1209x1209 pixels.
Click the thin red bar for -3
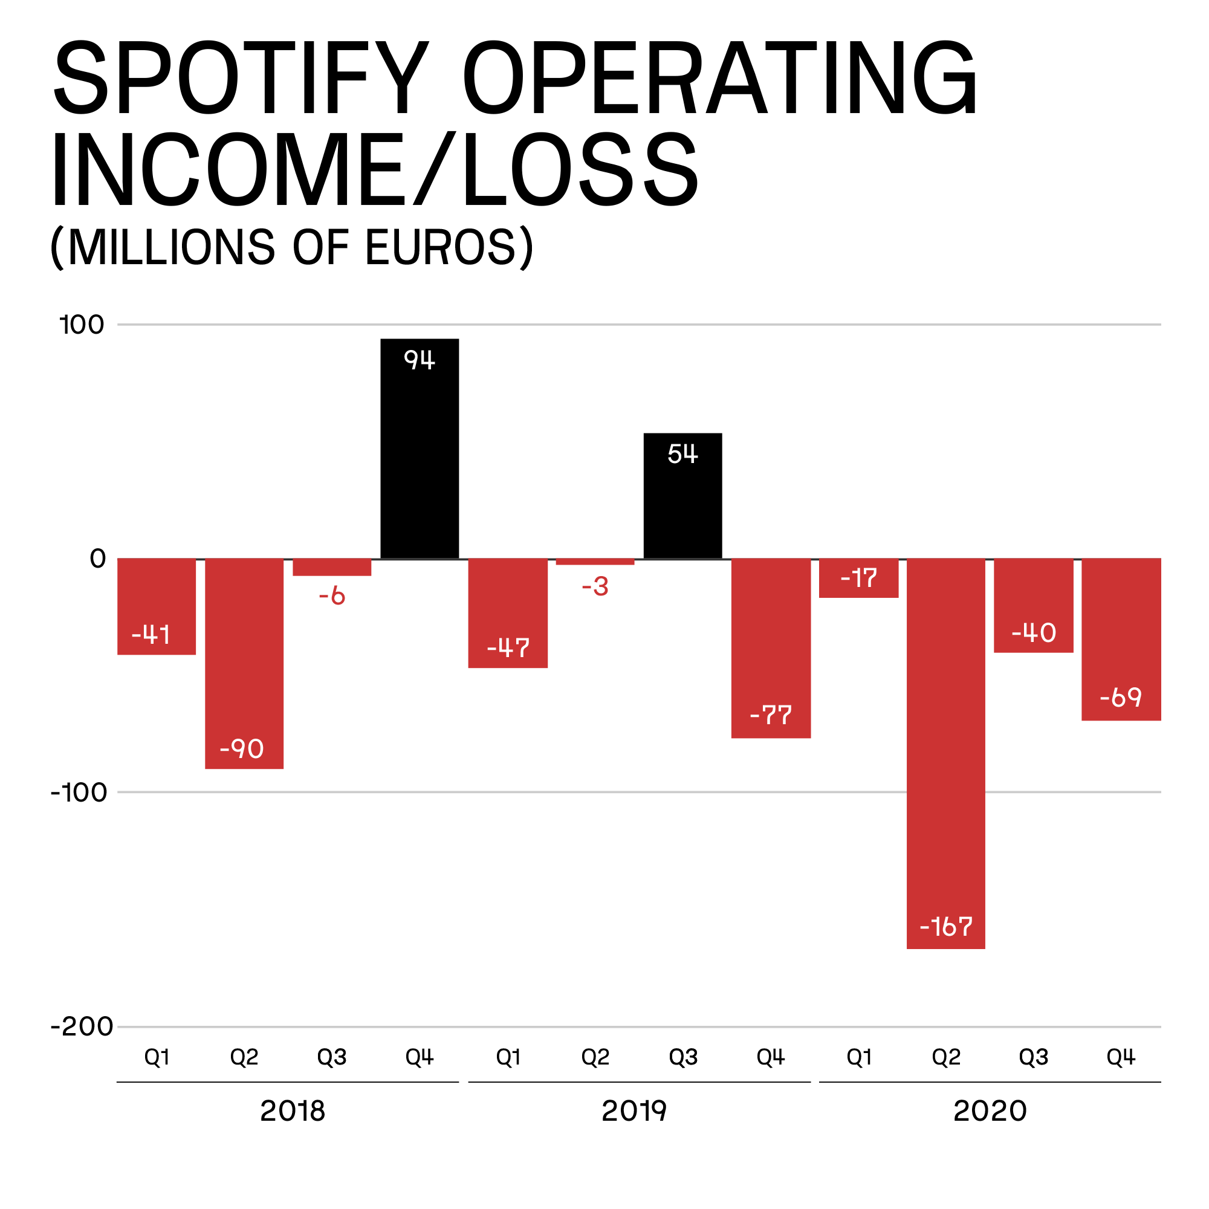tap(595, 562)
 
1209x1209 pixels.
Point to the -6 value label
tap(332, 596)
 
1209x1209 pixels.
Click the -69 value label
tap(1121, 697)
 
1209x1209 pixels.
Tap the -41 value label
tap(151, 635)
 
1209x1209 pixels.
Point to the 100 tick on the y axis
tap(82, 325)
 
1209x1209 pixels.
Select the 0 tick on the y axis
tap(97, 559)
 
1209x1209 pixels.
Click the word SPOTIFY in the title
tap(241, 78)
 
